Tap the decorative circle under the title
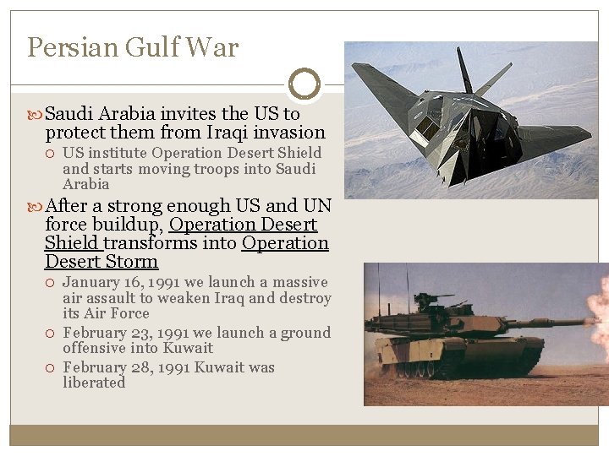click(x=304, y=84)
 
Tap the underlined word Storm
click(x=133, y=262)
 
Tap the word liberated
click(x=94, y=383)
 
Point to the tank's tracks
click(x=457, y=367)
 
